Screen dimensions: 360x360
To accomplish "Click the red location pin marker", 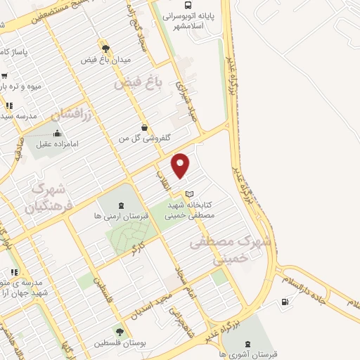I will click(181, 165).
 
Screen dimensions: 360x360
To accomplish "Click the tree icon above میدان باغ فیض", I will click(105, 49).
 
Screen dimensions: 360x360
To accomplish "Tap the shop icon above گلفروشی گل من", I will click(144, 128).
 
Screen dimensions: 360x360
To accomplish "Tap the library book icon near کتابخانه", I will click(188, 194).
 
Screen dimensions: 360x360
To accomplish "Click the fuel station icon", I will click(284, 302).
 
